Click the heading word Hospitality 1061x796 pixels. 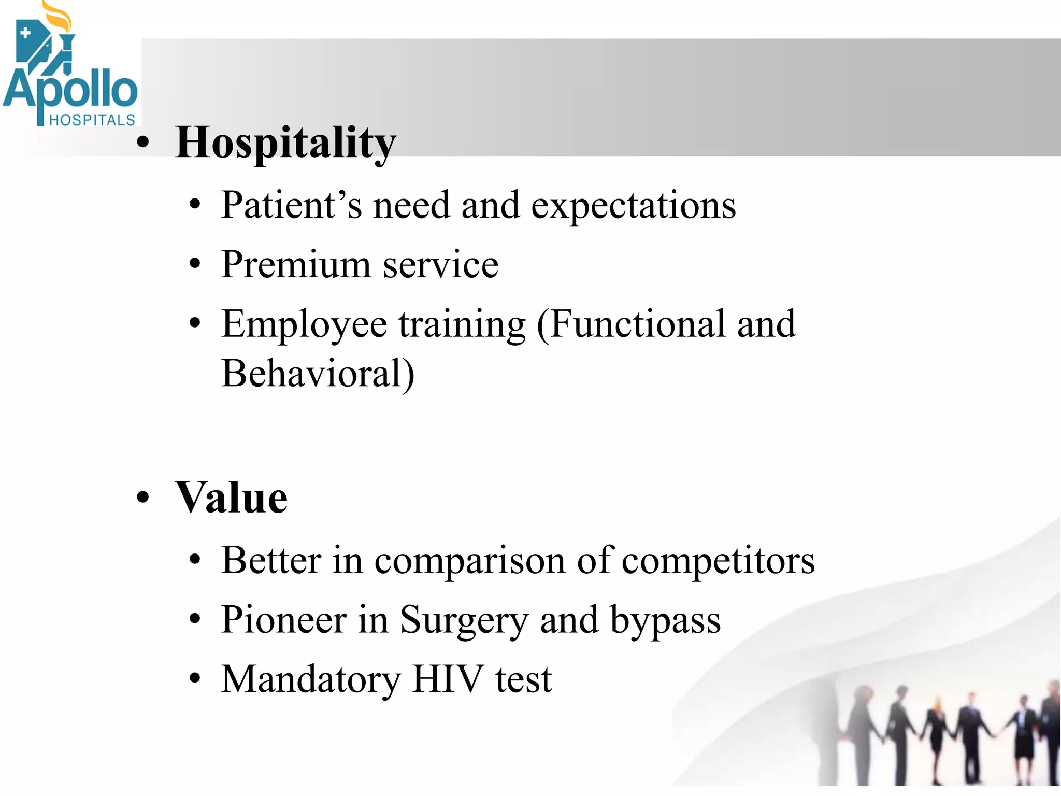tap(285, 143)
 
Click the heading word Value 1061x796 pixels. tap(231, 497)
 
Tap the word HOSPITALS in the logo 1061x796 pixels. tap(92, 120)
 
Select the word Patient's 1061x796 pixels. tap(291, 205)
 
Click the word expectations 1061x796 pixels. tap(633, 206)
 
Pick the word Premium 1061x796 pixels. tap(295, 265)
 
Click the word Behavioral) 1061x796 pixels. tap(318, 373)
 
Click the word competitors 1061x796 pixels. tap(718, 561)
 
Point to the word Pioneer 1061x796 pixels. tap(283, 620)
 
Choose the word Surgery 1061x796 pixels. tap(463, 621)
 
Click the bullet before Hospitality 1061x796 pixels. tap(142, 143)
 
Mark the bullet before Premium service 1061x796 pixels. tap(194, 264)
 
